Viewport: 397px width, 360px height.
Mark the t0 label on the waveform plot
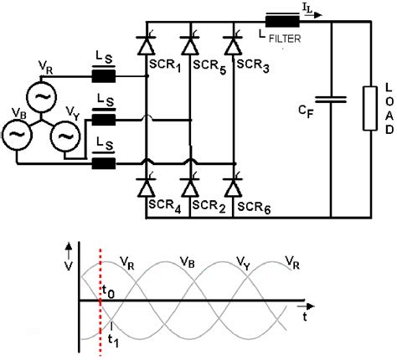point(109,291)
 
